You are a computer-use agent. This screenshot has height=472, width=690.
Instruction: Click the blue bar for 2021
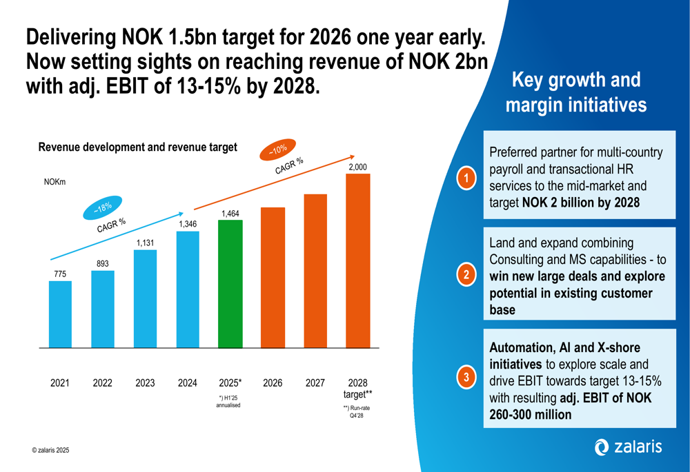point(60,314)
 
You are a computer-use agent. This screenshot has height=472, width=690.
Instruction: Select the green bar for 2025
point(230,284)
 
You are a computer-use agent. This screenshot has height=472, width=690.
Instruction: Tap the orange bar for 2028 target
point(357,260)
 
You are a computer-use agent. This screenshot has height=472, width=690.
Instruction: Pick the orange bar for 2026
point(273,278)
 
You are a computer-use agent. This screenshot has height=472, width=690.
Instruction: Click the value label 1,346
point(188,225)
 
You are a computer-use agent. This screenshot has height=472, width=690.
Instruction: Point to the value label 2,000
point(357,167)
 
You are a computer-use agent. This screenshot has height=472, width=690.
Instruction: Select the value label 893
point(103,264)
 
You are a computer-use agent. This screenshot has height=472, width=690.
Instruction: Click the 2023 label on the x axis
point(145,383)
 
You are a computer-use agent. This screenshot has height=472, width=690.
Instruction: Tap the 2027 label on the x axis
point(315,383)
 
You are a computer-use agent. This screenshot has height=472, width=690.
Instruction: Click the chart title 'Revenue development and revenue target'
point(137,147)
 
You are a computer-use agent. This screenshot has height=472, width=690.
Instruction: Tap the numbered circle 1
point(467,178)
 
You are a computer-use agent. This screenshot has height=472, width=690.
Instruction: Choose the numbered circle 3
point(467,377)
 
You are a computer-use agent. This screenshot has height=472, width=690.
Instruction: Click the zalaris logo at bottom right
point(627,447)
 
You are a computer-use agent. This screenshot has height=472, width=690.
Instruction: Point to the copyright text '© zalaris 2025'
point(50,450)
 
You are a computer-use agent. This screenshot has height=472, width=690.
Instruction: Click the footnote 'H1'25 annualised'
point(228,402)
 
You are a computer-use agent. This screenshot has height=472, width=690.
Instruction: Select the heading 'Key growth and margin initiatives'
point(575,92)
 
